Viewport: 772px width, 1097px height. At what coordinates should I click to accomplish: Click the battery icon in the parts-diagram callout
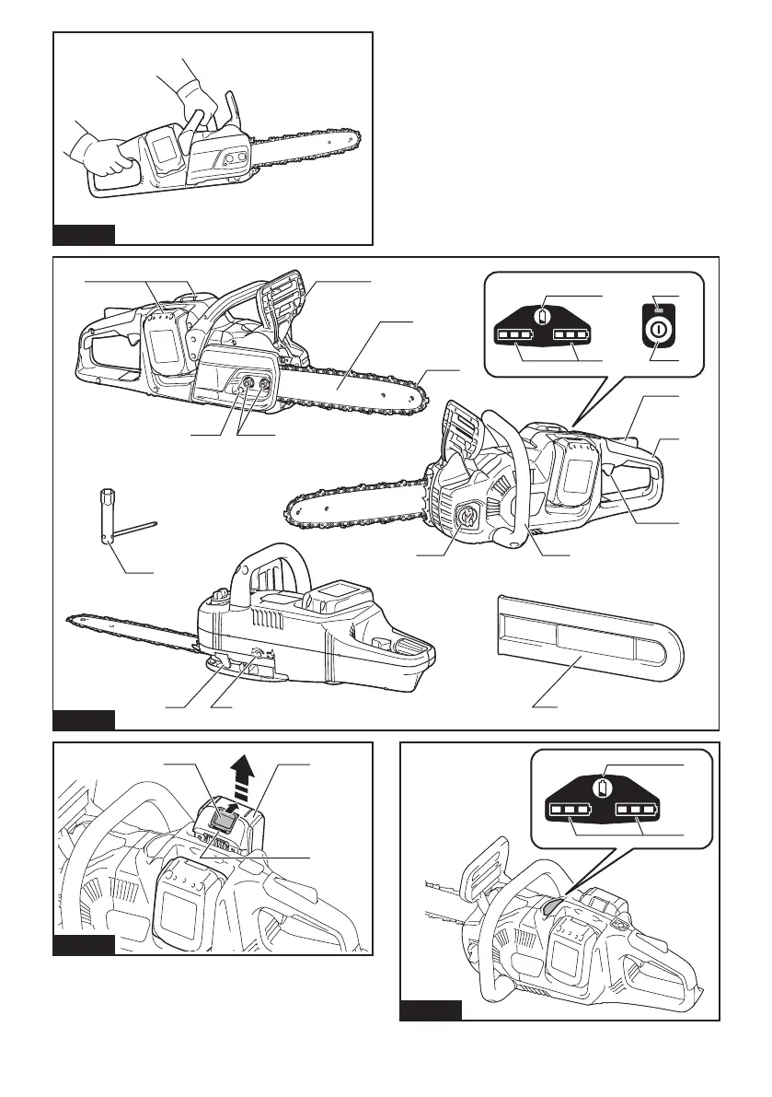pos(543,317)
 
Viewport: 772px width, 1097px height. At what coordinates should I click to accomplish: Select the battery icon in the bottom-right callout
pos(603,788)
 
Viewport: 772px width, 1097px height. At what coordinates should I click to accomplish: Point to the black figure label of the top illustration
pos(84,234)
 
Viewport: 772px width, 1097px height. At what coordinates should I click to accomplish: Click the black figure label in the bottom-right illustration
pos(431,1009)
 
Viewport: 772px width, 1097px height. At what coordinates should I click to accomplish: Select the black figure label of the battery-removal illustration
pos(84,944)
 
